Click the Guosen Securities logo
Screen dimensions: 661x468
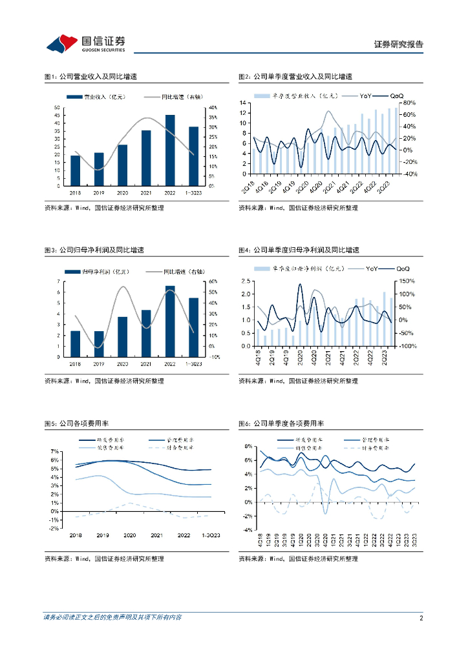[x=85, y=43]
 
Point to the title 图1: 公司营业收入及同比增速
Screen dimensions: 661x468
[x=90, y=77]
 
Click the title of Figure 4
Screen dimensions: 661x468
[x=299, y=250]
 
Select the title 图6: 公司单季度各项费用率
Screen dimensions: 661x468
[x=281, y=423]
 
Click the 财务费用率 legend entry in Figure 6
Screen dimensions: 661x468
[x=376, y=447]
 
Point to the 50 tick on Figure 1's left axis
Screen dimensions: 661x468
[x=57, y=108]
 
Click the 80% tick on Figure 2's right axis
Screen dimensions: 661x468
[x=409, y=103]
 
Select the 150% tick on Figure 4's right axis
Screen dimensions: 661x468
[x=407, y=281]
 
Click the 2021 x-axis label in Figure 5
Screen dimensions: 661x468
[x=156, y=535]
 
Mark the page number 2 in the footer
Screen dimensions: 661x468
[x=421, y=618]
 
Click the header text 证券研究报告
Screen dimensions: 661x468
[x=399, y=45]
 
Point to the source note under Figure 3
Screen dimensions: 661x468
[x=104, y=381]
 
